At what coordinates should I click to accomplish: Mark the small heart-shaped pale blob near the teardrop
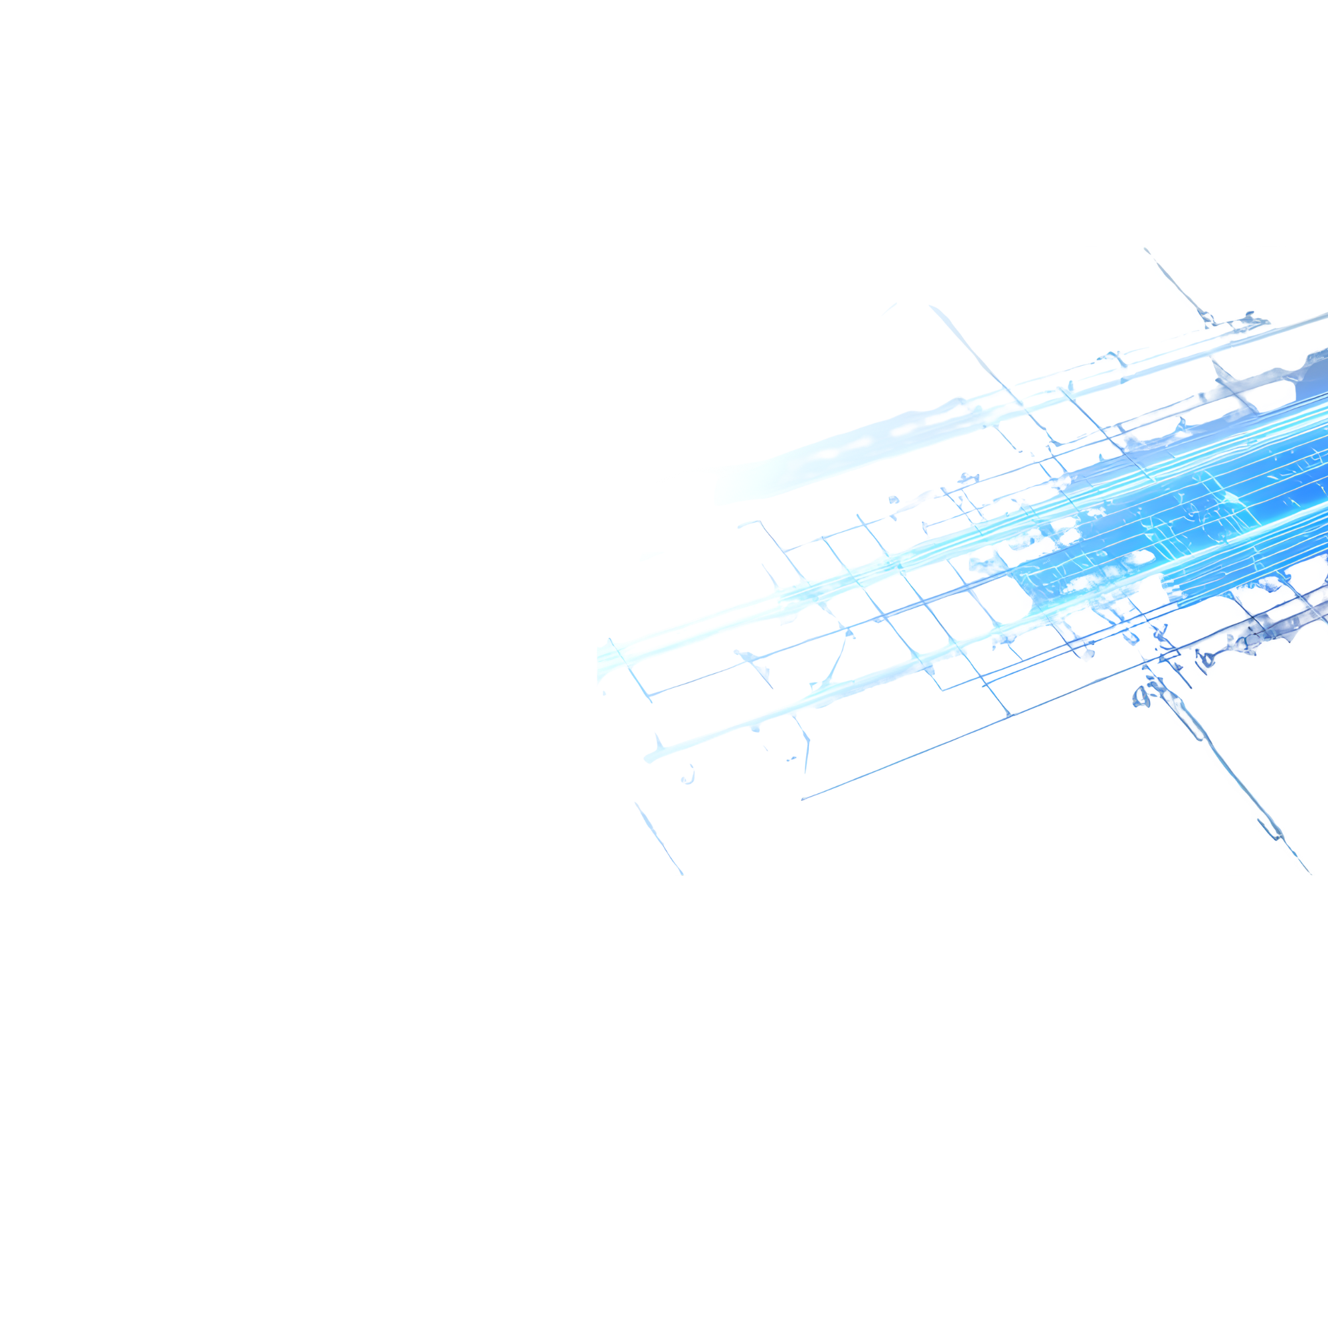(687, 777)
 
